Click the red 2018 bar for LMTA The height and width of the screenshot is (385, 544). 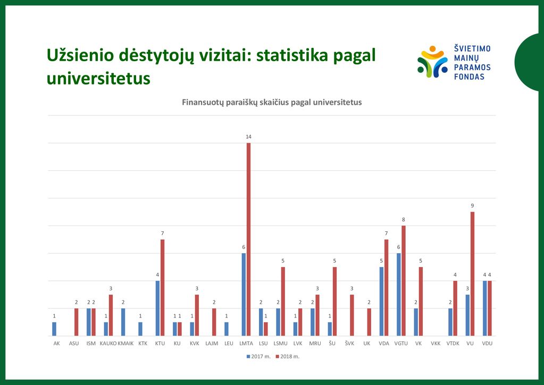[x=248, y=239]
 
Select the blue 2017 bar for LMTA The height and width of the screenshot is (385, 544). [x=244, y=295]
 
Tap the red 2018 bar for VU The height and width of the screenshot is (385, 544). [x=472, y=274]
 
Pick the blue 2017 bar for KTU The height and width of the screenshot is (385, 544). [x=157, y=308]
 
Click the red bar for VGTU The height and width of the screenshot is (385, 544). [x=404, y=281]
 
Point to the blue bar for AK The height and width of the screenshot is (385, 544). [x=54, y=329]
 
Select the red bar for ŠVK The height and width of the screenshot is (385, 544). [x=352, y=315]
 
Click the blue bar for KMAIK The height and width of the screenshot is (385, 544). [x=123, y=322]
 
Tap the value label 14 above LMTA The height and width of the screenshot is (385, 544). [x=248, y=137]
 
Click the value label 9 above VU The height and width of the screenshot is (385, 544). [x=472, y=206]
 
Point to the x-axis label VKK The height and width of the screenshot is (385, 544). [x=436, y=344]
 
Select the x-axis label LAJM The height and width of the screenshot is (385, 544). [x=212, y=344]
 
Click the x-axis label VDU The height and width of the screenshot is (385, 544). [x=487, y=344]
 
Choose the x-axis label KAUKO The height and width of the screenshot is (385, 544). [x=108, y=344]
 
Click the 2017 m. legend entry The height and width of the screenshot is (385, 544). [x=258, y=356]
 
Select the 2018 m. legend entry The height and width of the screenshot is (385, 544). [x=288, y=356]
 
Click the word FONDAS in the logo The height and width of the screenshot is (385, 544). [x=469, y=77]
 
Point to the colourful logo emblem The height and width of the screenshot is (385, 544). [x=433, y=61]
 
